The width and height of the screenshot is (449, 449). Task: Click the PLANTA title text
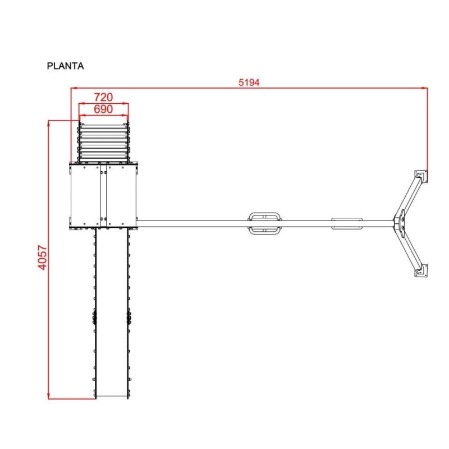[65, 66]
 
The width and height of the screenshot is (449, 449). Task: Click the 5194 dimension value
[249, 83]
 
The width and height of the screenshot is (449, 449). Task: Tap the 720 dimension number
[103, 97]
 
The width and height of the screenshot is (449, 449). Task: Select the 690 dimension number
[103, 109]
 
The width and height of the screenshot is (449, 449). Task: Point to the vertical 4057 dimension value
[43, 257]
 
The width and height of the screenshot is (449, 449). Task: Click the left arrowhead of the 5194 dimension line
[74, 88]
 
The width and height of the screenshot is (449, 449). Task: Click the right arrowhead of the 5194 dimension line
[424, 88]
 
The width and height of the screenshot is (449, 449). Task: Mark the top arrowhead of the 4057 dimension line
[49, 124]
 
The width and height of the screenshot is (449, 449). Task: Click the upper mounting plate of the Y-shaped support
[421, 176]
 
